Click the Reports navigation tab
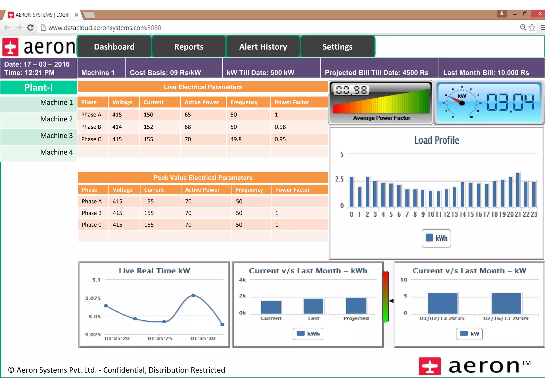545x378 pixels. point(189,47)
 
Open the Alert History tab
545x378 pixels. point(263,47)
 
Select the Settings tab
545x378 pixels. point(337,47)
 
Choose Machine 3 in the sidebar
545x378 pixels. point(56,136)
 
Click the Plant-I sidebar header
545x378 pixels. point(39,87)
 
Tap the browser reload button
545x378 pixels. point(31,27)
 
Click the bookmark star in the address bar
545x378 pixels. point(532,27)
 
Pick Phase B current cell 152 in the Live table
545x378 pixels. point(148,127)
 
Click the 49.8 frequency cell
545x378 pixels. point(236,139)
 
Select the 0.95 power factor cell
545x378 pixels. point(280,139)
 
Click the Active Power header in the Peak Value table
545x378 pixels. point(202,190)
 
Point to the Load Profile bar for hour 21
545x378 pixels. point(518,190)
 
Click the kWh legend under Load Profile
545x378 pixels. point(436,238)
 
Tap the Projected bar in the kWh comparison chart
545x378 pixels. point(356,305)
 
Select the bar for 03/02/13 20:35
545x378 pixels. point(443,303)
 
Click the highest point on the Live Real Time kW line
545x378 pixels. point(193,295)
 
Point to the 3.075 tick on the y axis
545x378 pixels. point(93,298)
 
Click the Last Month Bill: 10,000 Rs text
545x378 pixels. point(486,73)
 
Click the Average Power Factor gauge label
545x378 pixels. point(381,118)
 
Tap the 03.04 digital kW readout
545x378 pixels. point(510,102)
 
